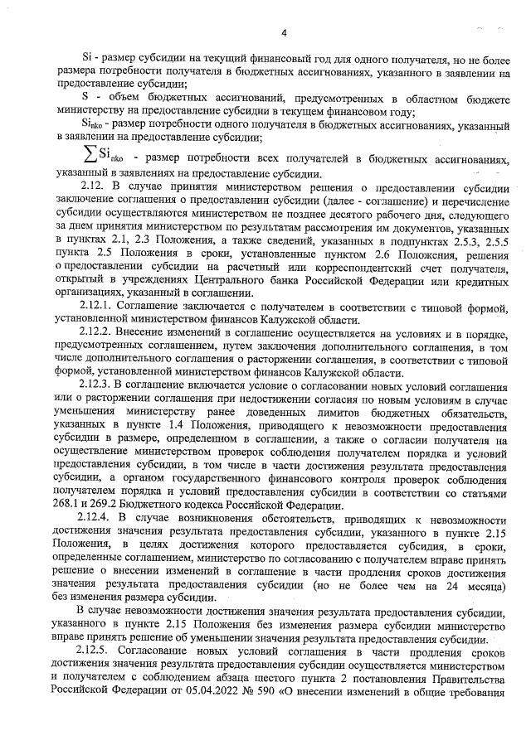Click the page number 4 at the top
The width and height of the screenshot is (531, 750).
284,33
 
